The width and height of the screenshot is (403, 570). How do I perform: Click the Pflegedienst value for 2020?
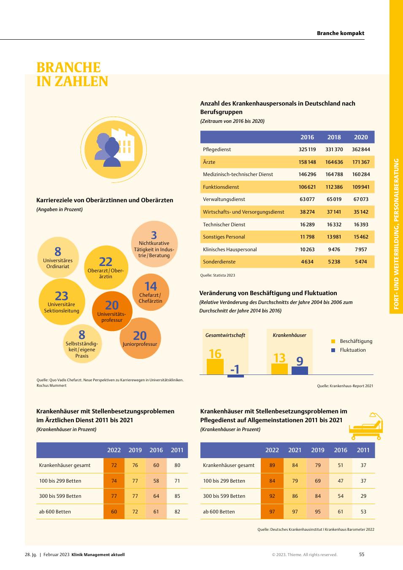pos(361,149)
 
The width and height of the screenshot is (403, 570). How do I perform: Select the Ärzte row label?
pos(209,162)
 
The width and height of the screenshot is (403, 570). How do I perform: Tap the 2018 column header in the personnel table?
pos(334,137)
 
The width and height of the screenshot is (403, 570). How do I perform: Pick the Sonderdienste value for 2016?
pos(307,262)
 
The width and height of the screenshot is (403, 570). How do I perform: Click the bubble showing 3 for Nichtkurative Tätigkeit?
pos(154,244)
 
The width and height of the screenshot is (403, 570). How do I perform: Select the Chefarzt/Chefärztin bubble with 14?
pos(151,292)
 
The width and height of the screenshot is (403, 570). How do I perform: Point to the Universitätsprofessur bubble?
pos(112,311)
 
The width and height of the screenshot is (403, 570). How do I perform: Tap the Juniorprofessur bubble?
pos(140,338)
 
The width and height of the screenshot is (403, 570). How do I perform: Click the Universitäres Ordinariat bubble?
pos(58,258)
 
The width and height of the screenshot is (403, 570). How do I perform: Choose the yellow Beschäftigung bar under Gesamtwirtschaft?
pos(215,366)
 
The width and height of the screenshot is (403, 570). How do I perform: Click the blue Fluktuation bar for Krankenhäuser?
pos(300,371)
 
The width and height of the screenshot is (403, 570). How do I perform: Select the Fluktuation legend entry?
pos(349,350)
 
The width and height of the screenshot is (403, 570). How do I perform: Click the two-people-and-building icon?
pos(114,149)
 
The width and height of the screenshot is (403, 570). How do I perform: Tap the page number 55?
pos(362,554)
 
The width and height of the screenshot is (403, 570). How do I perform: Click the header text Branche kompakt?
pos(341,33)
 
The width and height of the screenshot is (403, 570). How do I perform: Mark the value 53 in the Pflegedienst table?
pos(363,511)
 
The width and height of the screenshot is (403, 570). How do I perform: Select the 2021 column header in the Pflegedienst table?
pos(295,450)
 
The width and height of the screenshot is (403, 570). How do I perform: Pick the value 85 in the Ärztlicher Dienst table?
pos(177,496)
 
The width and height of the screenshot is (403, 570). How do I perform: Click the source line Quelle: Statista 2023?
pos(218,275)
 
